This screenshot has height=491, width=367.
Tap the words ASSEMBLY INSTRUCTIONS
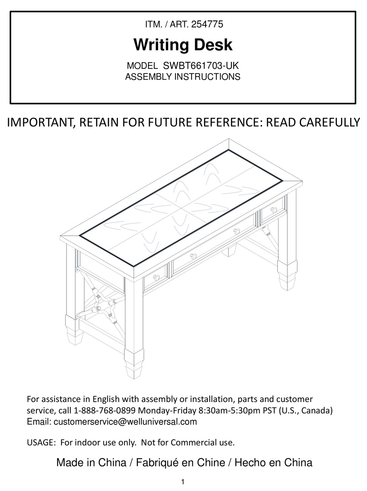tap(182, 77)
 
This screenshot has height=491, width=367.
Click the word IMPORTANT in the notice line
tap(41, 123)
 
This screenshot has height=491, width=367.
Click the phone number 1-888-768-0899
tap(105, 410)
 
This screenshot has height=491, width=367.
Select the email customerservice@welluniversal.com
tap(125, 421)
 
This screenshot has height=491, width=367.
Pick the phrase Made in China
tap(91, 462)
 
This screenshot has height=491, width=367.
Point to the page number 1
tap(183, 482)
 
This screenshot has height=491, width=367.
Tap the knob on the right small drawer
tap(274, 210)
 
